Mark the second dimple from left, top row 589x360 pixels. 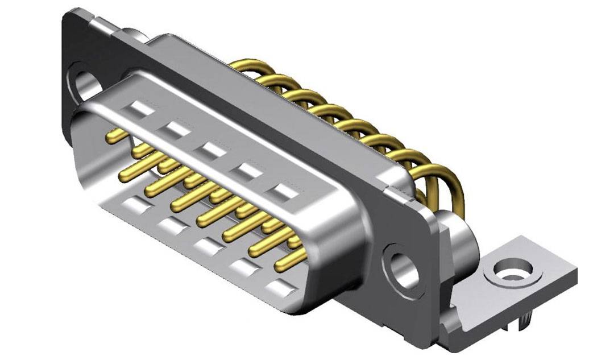(x=175, y=129)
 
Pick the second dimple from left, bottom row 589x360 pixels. (x=172, y=226)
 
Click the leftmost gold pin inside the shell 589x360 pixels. (x=117, y=135)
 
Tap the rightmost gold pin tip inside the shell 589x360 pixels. (x=284, y=265)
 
